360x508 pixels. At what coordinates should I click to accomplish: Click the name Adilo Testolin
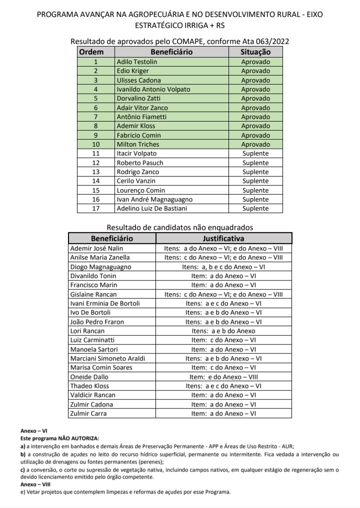pos(136,62)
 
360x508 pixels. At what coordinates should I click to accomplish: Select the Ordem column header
pos(91,52)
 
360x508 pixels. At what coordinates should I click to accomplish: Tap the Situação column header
pos(255,52)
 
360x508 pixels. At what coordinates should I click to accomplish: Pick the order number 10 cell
pos(96,144)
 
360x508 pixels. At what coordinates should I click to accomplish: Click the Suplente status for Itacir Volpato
pos(255,154)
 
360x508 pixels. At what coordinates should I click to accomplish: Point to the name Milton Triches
pos(138,144)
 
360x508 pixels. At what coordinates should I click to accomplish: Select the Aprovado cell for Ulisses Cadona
pos(255,80)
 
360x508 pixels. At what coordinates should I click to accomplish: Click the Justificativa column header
pos(223,238)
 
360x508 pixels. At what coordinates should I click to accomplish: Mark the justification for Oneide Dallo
pos(223,377)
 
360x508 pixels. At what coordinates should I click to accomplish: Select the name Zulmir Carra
pos(88,413)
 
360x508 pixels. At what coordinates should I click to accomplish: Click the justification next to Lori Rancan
pos(223,331)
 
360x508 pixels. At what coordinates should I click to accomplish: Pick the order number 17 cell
pos(96,209)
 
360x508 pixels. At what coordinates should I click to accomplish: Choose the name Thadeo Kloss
pos(89,386)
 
